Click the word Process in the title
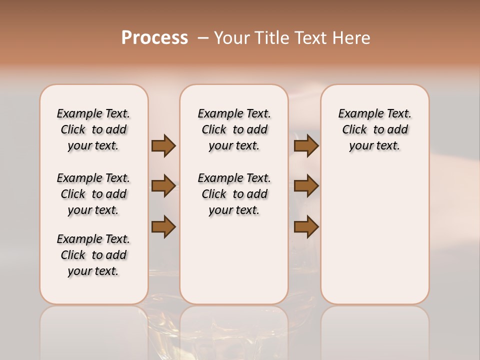[x=154, y=37]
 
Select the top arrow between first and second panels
[x=163, y=145]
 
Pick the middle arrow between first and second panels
[x=163, y=186]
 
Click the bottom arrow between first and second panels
[x=163, y=226]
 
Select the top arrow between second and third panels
[x=306, y=145]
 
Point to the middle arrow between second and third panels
[x=306, y=186]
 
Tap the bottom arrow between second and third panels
[x=306, y=226]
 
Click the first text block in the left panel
[x=93, y=129]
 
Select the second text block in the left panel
[x=93, y=194]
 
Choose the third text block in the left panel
[x=93, y=255]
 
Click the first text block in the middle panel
[x=234, y=129]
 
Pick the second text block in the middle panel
[x=234, y=194]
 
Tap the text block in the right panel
[x=374, y=129]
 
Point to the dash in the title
[x=203, y=38]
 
